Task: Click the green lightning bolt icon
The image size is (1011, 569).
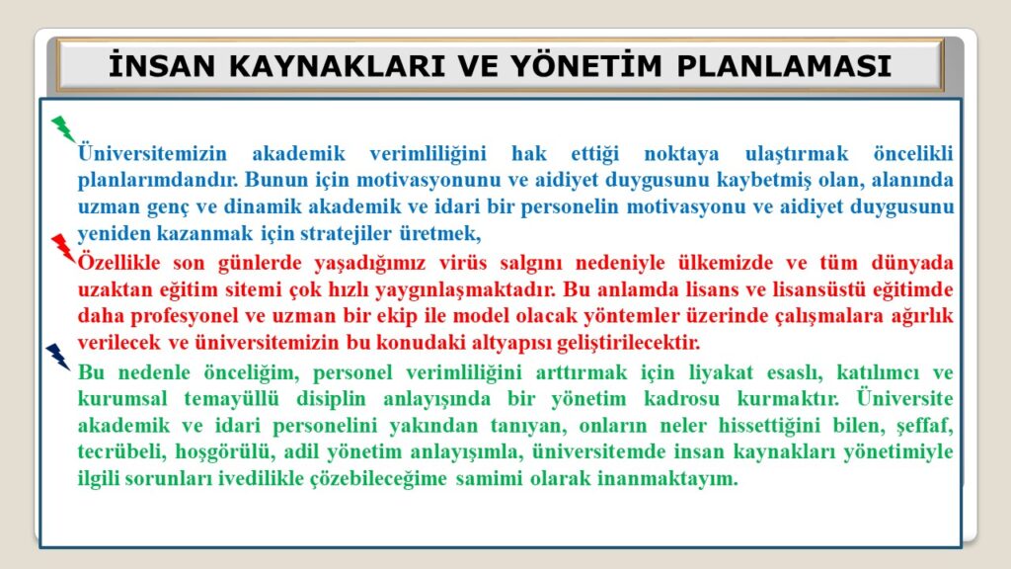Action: [63, 129]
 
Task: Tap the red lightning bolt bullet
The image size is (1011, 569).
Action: [63, 248]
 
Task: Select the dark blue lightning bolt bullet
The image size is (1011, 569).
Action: [58, 357]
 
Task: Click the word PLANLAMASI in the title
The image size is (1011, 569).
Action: [784, 66]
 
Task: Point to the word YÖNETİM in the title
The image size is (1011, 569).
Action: [586, 65]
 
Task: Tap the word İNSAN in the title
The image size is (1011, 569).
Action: [162, 65]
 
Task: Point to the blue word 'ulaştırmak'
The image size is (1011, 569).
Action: [797, 153]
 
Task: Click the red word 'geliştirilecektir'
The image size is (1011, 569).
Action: [628, 343]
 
